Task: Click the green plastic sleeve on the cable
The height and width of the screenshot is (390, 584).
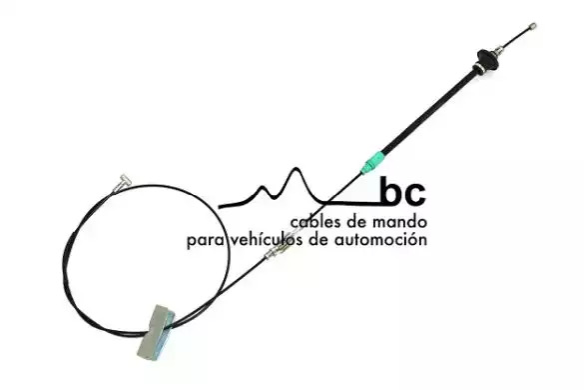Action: point(372,161)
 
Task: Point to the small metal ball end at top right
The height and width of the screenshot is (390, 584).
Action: point(533,26)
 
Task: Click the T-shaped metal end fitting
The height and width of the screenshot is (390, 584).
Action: point(122,182)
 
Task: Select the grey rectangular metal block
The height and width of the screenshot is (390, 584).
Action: point(156,332)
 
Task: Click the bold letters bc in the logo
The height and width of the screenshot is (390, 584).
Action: point(402,191)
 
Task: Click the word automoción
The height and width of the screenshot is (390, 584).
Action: point(380,239)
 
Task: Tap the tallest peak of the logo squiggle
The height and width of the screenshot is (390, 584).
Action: point(296,170)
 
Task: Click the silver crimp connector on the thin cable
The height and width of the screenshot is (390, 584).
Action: point(278,252)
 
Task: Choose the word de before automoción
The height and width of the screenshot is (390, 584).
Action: point(319,239)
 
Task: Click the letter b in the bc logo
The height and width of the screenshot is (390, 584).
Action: point(390,191)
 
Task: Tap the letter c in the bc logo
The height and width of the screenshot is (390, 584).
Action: point(415,194)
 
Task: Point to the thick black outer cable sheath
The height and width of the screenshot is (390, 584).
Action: point(429,111)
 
